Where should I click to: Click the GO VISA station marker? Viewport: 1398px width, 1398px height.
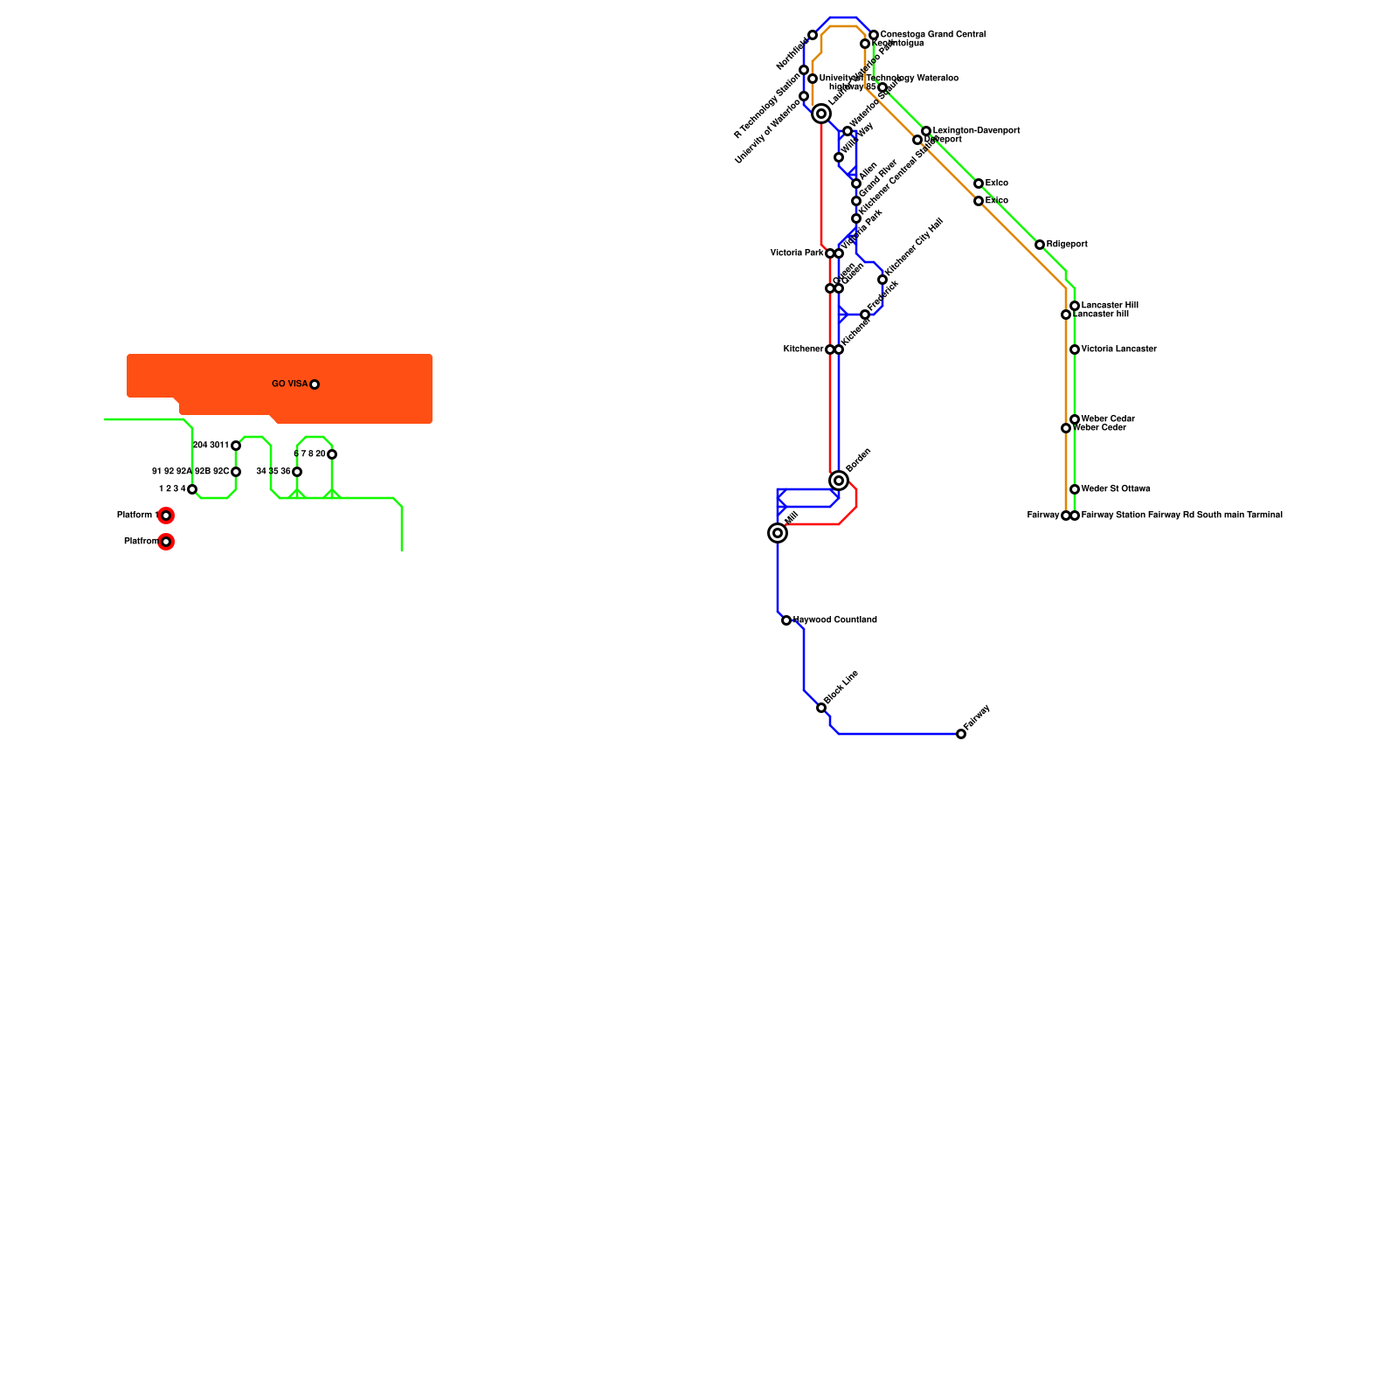pyautogui.click(x=315, y=384)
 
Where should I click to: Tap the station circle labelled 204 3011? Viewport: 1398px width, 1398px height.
pyautogui.click(x=236, y=446)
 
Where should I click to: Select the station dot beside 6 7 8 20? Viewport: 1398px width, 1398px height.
pyautogui.click(x=332, y=454)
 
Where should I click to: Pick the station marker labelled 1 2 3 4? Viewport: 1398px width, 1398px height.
pyautogui.click(x=192, y=489)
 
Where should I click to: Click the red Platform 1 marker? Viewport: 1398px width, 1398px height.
pyautogui.click(x=166, y=516)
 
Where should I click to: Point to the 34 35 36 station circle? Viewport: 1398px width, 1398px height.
pyautogui.click(x=297, y=472)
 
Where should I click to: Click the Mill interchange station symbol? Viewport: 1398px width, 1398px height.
pyautogui.click(x=778, y=533)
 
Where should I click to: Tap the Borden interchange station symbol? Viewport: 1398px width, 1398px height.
pyautogui.click(x=839, y=481)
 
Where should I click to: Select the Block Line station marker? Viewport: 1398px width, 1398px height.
pyautogui.click(x=821, y=708)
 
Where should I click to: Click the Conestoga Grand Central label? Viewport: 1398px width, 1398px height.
pyautogui.click(x=932, y=35)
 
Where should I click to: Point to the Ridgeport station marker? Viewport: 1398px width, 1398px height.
pyautogui.click(x=1040, y=245)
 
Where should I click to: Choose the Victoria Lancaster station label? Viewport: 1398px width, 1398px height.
pyautogui.click(x=1118, y=349)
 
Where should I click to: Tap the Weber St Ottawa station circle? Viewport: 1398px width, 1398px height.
pyautogui.click(x=1075, y=489)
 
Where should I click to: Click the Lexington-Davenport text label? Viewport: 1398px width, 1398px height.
pyautogui.click(x=976, y=131)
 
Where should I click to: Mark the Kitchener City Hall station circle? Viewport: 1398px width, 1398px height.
pyautogui.click(x=882, y=280)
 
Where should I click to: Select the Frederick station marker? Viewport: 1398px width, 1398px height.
pyautogui.click(x=865, y=315)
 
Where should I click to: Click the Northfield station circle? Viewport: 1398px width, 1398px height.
pyautogui.click(x=813, y=35)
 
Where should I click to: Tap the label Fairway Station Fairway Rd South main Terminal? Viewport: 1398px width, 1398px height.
pyautogui.click(x=1181, y=516)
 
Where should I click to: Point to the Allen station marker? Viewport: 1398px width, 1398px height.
pyautogui.click(x=856, y=183)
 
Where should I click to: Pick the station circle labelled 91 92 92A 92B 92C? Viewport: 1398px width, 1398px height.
pyautogui.click(x=236, y=472)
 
